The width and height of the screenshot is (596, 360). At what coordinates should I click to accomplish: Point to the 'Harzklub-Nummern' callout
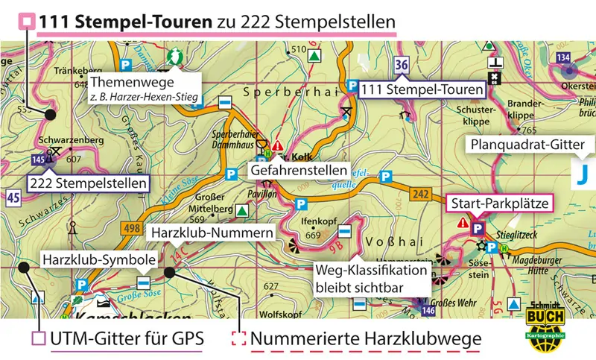[211, 233]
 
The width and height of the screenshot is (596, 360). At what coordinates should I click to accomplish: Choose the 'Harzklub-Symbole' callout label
[99, 260]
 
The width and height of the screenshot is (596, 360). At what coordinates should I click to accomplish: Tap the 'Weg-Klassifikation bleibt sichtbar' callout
[371, 277]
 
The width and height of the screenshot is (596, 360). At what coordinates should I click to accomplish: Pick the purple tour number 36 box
[402, 65]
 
